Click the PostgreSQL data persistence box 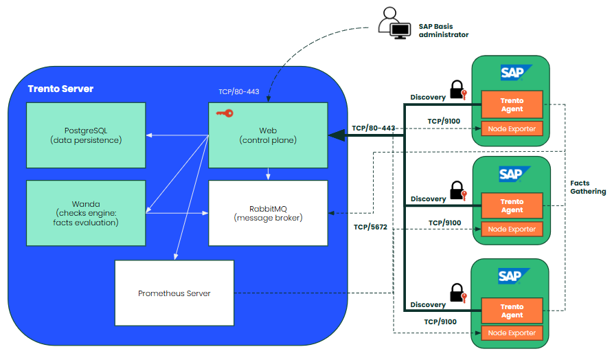click(86, 135)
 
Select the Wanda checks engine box click(86, 212)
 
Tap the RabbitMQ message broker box click(268, 212)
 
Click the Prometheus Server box click(174, 293)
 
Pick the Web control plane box click(268, 135)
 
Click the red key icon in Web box click(225, 113)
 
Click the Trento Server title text click(60, 89)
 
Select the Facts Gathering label click(588, 188)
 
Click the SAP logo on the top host click(512, 72)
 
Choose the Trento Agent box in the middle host click(512, 205)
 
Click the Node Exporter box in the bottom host click(512, 333)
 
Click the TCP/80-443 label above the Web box click(238, 91)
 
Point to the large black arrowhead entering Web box click(337, 135)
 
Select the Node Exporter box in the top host click(512, 128)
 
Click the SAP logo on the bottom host click(512, 276)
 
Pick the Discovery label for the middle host click(428, 199)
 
